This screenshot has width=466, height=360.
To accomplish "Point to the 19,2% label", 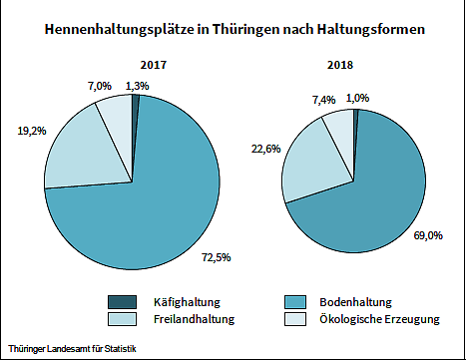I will pos(32,130).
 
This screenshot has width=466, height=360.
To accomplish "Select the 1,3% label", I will pos(138,86).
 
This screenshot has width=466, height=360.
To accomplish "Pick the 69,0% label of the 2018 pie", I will pos(414,235).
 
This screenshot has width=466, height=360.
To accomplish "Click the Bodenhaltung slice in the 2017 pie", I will pos(150,199).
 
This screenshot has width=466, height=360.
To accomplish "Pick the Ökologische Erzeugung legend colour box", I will pos(294,319).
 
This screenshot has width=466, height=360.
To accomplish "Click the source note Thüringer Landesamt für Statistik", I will pos(70,348).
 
